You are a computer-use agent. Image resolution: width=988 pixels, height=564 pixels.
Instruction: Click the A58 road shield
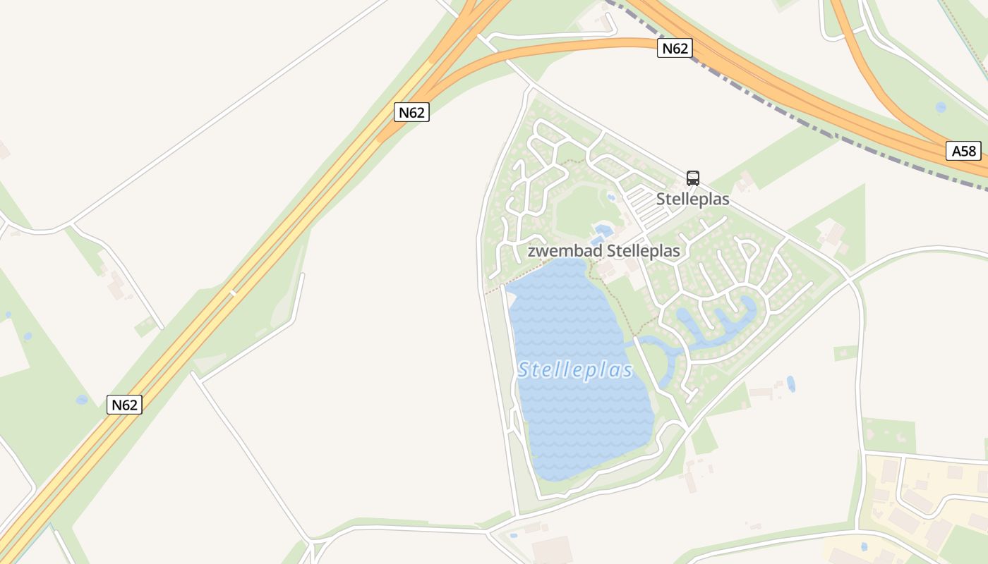click(x=963, y=150)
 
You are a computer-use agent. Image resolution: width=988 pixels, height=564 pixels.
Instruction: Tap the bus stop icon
click(x=693, y=178)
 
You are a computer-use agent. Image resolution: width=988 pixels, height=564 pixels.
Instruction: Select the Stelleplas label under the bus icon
click(x=692, y=200)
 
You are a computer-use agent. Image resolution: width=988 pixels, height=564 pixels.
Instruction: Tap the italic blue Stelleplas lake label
click(x=575, y=370)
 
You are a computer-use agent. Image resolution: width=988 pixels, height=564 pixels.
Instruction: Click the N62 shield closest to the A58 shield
click(x=675, y=48)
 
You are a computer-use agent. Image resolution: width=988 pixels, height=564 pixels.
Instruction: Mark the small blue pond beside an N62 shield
click(x=82, y=400)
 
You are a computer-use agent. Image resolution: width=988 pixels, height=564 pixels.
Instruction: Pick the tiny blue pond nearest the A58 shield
click(x=941, y=107)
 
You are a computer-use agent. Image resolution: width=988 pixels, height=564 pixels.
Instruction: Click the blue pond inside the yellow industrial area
click(x=864, y=546)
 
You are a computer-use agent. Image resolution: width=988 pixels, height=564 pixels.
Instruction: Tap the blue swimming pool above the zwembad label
click(x=603, y=230)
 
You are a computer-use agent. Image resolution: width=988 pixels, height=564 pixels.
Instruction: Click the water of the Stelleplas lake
click(x=579, y=416)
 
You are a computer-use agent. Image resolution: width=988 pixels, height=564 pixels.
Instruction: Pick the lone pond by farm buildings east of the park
click(x=790, y=384)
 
